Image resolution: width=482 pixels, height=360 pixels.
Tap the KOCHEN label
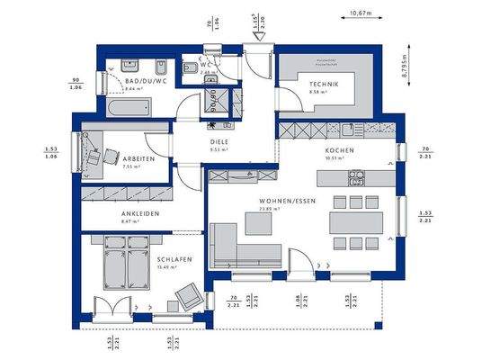click(340, 150)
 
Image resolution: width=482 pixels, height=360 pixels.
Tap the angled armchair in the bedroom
click(189, 294)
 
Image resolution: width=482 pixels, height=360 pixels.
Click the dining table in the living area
click(357, 220)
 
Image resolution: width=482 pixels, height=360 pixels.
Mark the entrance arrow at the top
click(256, 37)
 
